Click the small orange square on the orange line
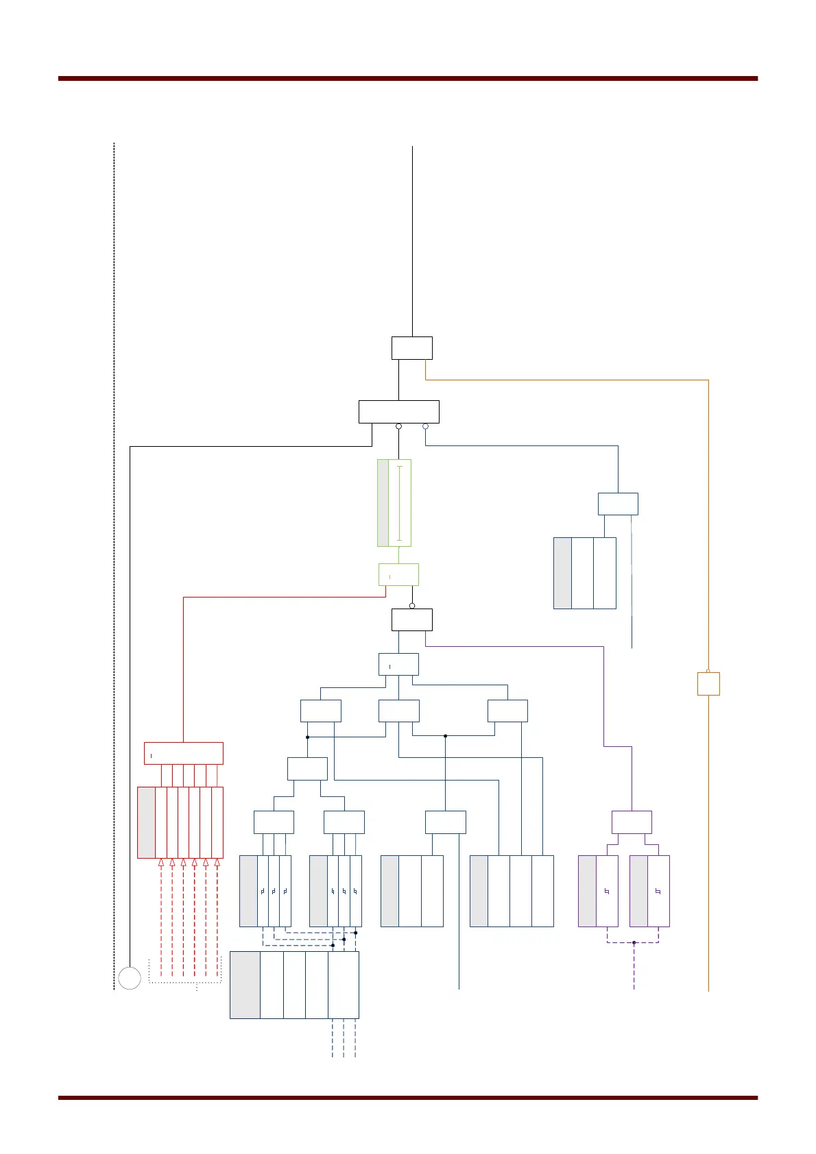tap(708, 684)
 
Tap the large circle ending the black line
tap(130, 978)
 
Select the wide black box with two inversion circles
tap(398, 412)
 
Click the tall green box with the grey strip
tap(394, 502)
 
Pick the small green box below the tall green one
tap(398, 574)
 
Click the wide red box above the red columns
tap(183, 753)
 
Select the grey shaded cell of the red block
tap(146, 822)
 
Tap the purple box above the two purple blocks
tap(632, 822)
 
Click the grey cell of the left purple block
tap(587, 891)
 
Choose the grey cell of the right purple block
tap(638, 891)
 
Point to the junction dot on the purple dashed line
tap(634, 943)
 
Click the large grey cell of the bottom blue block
tap(245, 985)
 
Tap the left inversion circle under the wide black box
tap(398, 426)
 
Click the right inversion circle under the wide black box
tap(425, 426)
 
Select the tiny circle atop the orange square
tap(708, 671)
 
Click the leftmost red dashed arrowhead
tap(161, 863)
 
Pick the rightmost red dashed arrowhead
tap(217, 863)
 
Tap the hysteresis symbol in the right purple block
tap(658, 892)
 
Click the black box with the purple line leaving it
tap(412, 619)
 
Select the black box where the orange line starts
tap(412, 348)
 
